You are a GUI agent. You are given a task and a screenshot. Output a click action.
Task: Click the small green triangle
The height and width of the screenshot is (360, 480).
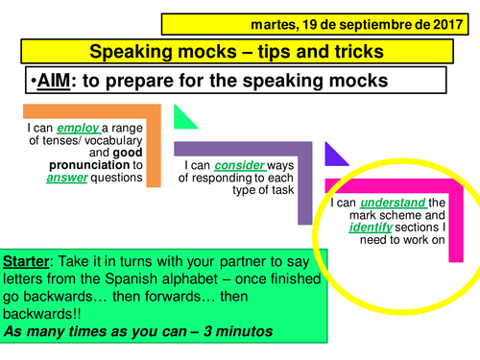[x=184, y=118]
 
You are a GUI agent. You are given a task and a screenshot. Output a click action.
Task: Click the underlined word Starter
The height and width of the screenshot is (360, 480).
[x=29, y=261]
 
